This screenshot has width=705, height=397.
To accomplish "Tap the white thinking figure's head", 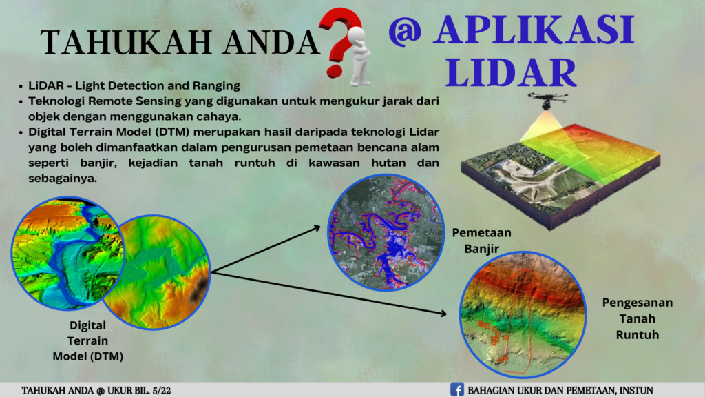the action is click(357, 35).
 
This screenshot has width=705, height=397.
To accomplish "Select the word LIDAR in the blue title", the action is click(512, 72).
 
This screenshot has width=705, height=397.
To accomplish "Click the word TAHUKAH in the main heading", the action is click(127, 42).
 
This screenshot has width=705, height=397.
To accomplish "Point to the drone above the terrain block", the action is click(547, 101).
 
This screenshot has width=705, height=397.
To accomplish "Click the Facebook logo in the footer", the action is click(457, 389).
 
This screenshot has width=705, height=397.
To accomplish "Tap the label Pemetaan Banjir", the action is click(481, 241).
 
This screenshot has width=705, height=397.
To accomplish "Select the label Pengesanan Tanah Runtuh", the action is click(637, 318).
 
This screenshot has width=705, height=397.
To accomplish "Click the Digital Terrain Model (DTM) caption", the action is click(87, 340).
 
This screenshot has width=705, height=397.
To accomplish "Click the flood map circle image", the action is click(386, 232).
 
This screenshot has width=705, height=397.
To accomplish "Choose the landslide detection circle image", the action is click(523, 314).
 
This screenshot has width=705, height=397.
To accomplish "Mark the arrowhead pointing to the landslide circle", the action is click(443, 314).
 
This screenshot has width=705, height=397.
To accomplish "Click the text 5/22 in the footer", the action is click(161, 390).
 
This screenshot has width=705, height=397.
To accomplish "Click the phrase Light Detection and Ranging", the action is click(158, 85).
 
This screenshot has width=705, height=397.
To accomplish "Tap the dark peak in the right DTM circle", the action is click(199, 289).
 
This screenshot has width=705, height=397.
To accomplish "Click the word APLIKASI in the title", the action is click(534, 30).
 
